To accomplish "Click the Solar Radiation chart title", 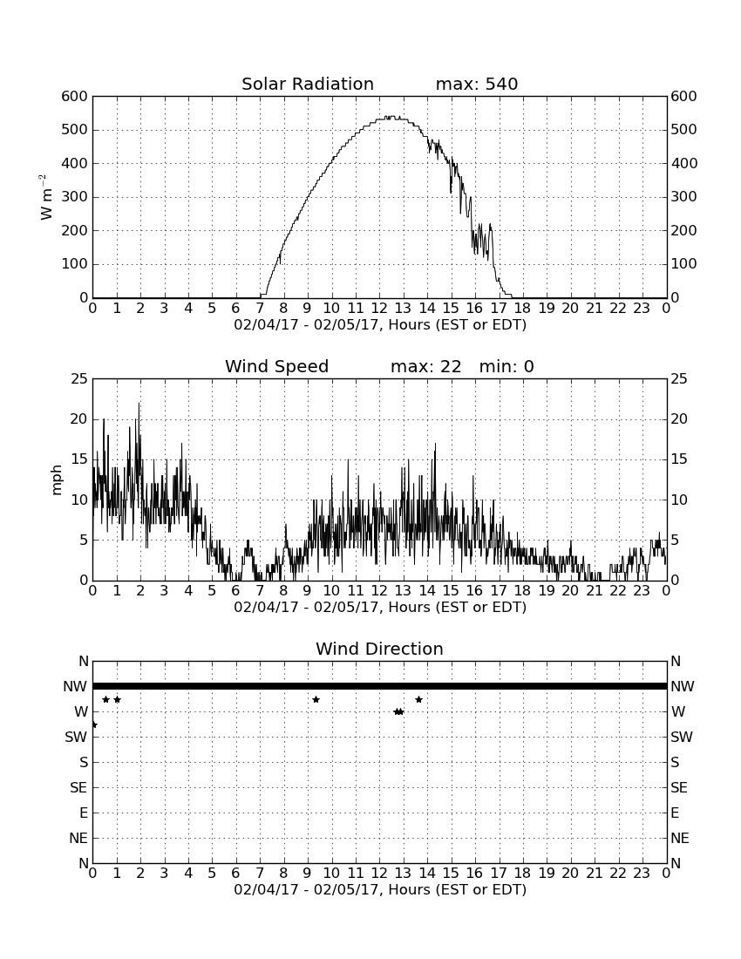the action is (x=308, y=84).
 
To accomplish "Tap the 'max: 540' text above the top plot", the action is (x=477, y=84).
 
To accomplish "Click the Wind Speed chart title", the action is (x=277, y=366).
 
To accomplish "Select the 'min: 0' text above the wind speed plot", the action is (x=506, y=366).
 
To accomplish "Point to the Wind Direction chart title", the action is (x=379, y=649).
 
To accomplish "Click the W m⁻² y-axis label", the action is (x=45, y=197).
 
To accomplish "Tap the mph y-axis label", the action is (x=57, y=479).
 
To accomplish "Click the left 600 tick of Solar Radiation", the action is (x=75, y=96).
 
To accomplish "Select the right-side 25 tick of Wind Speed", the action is (x=679, y=379).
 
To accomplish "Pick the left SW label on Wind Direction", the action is (x=76, y=737).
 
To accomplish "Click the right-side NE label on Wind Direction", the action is (x=680, y=838).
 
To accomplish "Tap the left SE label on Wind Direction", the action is (x=78, y=788).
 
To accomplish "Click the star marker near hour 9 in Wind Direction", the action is (x=316, y=699).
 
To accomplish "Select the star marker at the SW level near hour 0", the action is (x=94, y=724).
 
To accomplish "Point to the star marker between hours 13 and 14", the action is (x=418, y=699).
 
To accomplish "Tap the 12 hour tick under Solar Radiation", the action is (x=379, y=309).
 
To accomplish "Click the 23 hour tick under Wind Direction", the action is (x=642, y=874).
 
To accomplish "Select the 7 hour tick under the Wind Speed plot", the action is (x=260, y=591).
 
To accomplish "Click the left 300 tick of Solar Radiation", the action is (x=75, y=197).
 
